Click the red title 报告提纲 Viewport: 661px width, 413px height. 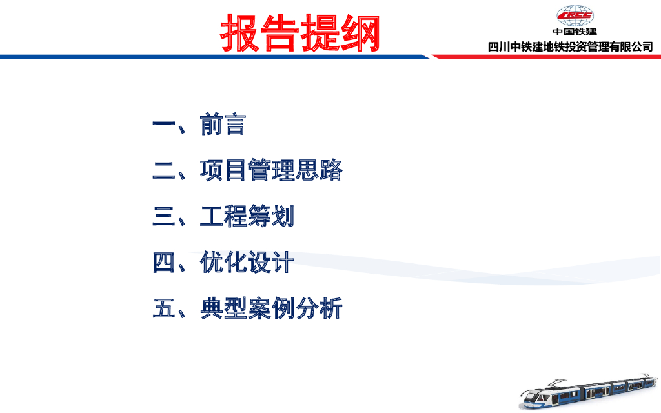[x=300, y=33]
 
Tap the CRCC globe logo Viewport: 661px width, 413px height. [x=575, y=16]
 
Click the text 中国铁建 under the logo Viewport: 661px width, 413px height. [x=575, y=32]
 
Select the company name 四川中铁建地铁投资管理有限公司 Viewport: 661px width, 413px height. [x=571, y=46]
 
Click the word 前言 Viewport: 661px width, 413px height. [x=223, y=125]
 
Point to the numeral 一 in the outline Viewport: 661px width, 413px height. [x=163, y=125]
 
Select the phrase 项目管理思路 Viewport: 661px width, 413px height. [x=271, y=170]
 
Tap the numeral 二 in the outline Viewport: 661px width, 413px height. [x=163, y=170]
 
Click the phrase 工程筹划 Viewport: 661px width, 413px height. [x=247, y=216]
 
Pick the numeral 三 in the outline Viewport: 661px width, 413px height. [x=163, y=216]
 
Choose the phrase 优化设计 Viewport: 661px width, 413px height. [x=247, y=262]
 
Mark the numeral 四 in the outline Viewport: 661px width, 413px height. [x=163, y=262]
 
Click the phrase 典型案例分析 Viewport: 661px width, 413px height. [x=271, y=308]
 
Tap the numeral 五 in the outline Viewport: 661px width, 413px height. [x=163, y=308]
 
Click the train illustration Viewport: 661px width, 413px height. [x=589, y=390]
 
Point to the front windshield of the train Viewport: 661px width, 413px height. [x=531, y=396]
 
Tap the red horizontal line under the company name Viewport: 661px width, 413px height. [x=546, y=57]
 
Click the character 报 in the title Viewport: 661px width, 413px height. [x=239, y=33]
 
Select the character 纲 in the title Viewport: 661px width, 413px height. [x=360, y=33]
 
